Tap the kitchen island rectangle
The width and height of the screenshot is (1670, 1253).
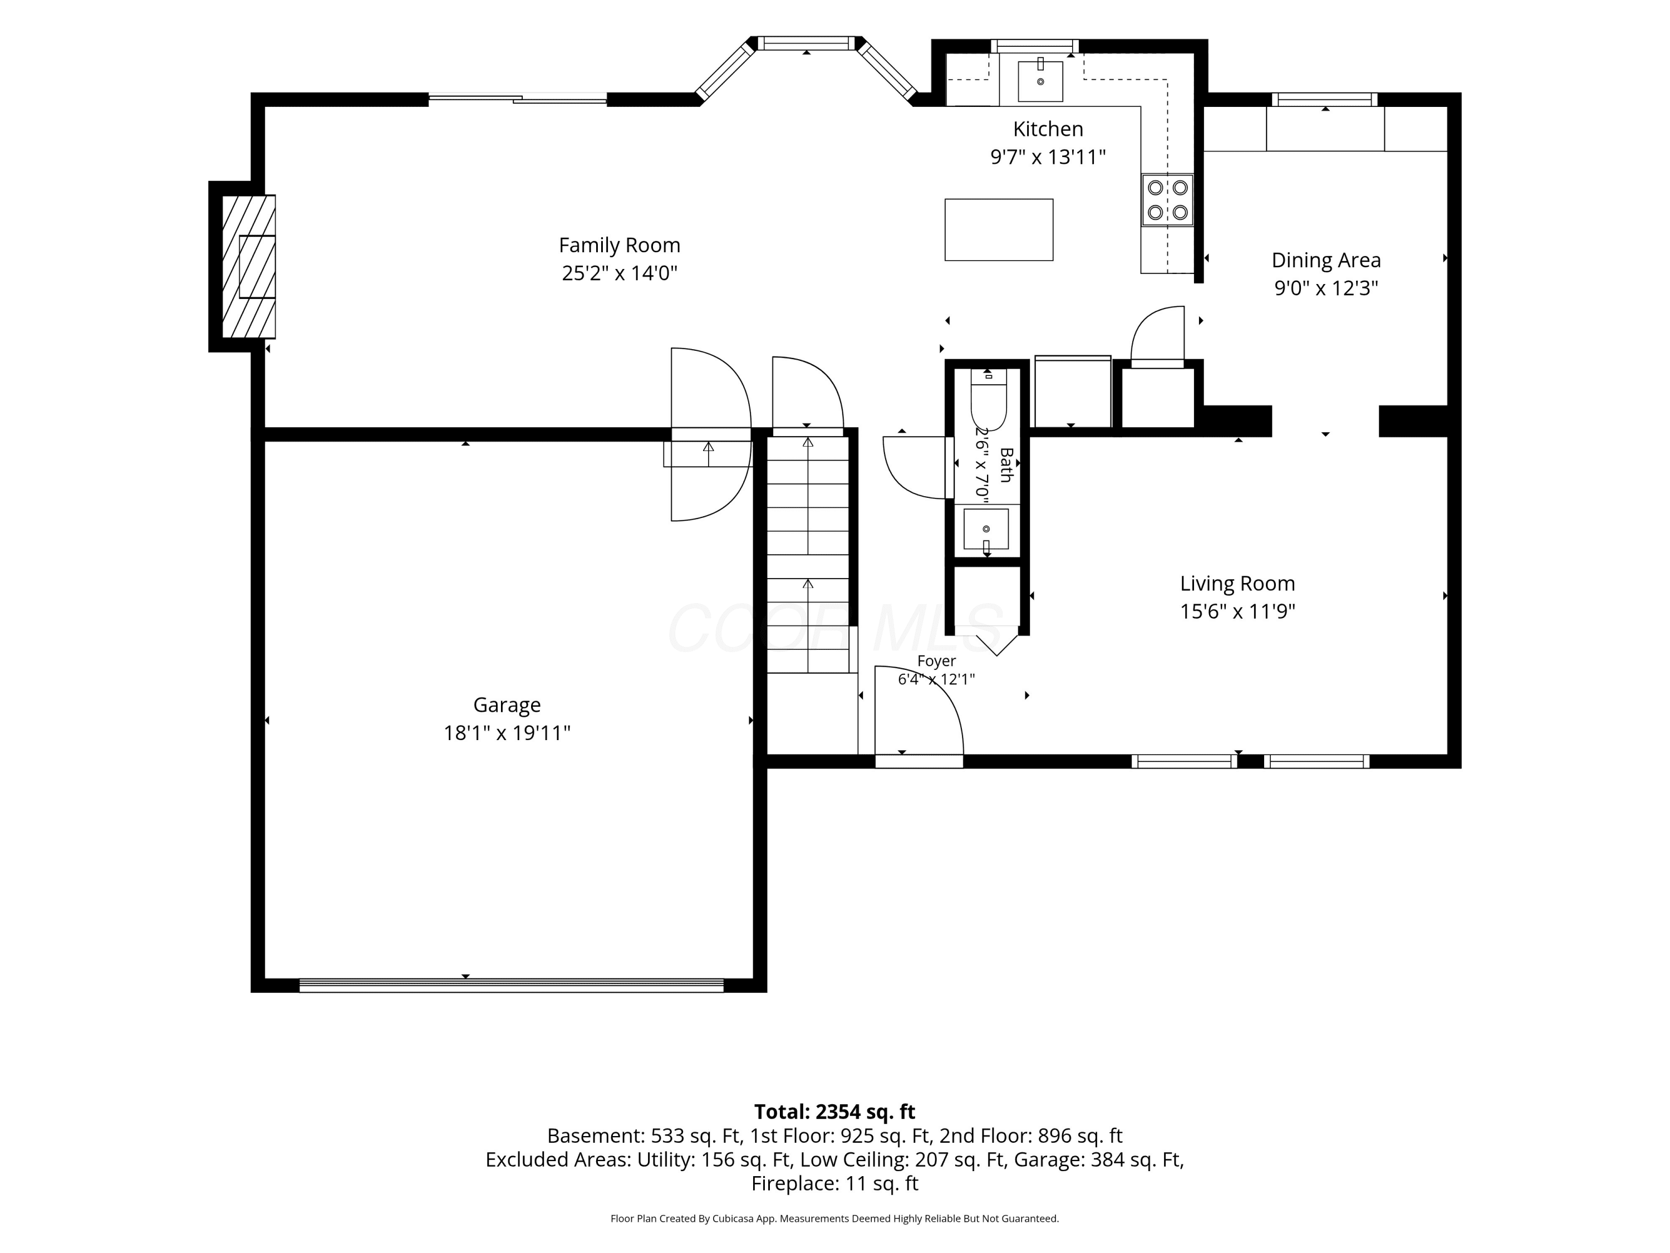[x=999, y=229]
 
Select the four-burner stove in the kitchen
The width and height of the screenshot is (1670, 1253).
[x=1167, y=200]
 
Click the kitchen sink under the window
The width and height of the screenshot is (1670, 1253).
[x=1040, y=81]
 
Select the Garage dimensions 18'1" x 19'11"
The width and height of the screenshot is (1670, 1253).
[x=507, y=733]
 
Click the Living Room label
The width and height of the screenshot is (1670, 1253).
[x=1237, y=583]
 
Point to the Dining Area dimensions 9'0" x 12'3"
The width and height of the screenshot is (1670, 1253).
[x=1327, y=288]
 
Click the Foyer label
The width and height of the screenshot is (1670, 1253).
[x=936, y=661]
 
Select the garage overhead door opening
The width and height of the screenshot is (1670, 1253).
[x=511, y=985]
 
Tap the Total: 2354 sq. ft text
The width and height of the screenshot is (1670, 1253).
[x=834, y=1112]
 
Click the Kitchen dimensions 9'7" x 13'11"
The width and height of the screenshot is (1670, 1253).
[x=1048, y=157]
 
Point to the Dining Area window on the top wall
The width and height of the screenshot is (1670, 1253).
[x=1325, y=99]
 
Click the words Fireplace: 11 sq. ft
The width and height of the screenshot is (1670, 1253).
[x=834, y=1183]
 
